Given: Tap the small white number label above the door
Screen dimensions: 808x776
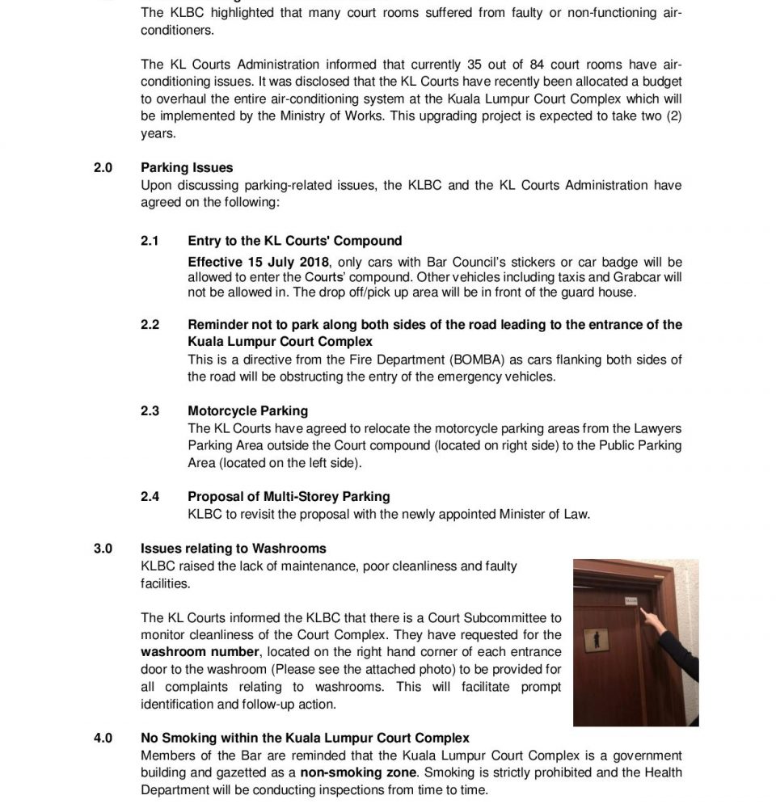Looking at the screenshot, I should coord(632,600).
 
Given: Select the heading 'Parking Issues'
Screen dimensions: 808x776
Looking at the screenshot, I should coord(187,168).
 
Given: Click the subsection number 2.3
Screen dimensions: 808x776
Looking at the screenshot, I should coord(150,411).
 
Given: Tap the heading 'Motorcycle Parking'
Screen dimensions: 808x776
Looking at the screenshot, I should coord(247,411).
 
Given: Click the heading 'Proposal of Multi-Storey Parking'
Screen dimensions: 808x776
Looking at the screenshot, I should coord(289,497).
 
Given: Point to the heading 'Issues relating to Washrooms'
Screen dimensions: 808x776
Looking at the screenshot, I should coord(234,549).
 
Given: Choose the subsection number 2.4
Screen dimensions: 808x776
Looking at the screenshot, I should coord(150,497).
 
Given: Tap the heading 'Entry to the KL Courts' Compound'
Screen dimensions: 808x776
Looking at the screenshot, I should coord(294,241).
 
